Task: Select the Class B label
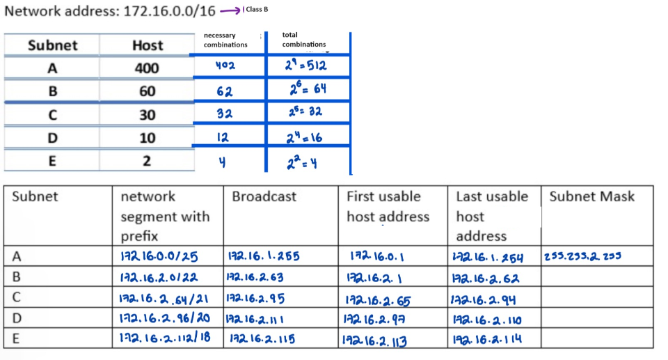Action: pos(257,10)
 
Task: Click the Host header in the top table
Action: pos(147,45)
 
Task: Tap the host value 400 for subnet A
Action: pos(146,68)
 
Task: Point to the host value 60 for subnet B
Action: pos(147,91)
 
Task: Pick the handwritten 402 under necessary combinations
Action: pos(226,66)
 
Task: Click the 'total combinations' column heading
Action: pos(304,40)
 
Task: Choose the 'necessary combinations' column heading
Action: pos(225,40)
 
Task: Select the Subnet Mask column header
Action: pos(591,196)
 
